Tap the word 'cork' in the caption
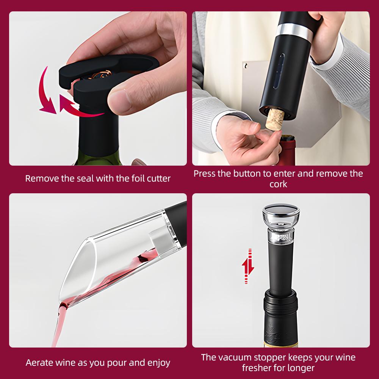(x=278, y=184)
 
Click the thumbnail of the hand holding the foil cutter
(x=98, y=89)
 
